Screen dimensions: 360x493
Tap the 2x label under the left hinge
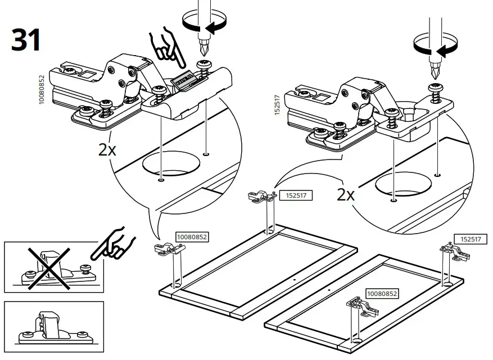107,151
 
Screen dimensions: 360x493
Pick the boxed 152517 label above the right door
471,239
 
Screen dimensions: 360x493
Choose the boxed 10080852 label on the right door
382,293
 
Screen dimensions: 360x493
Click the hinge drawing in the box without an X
53,328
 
